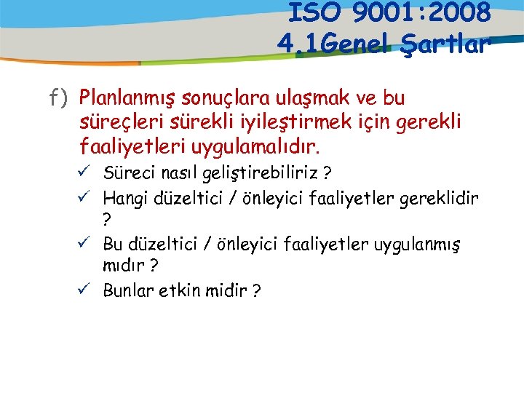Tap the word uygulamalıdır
click(255, 148)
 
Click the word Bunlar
click(127, 290)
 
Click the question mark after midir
click(256, 291)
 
